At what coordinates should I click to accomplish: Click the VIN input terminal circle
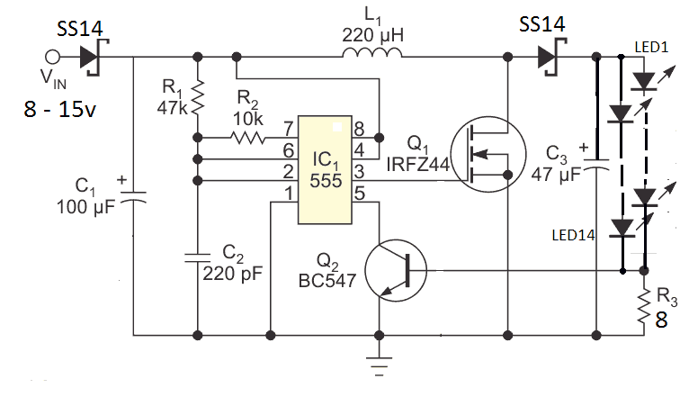(52, 57)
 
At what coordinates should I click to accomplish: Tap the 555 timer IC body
(325, 169)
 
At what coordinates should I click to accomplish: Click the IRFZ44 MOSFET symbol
(488, 154)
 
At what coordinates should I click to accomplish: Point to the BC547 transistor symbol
(396, 270)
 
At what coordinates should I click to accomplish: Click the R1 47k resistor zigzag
(198, 97)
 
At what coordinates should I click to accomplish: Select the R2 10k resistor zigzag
(247, 138)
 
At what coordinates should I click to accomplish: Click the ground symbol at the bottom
(379, 365)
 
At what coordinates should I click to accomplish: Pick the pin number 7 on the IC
(289, 129)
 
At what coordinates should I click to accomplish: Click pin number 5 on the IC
(360, 194)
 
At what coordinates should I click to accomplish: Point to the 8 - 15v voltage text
(59, 108)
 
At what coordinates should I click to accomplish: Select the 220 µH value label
(372, 35)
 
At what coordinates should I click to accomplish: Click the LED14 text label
(573, 235)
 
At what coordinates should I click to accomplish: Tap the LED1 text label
(651, 47)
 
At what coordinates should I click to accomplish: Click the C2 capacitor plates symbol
(198, 257)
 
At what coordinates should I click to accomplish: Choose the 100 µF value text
(85, 207)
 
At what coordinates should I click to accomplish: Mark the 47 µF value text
(556, 175)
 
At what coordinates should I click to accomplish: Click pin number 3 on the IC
(359, 172)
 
